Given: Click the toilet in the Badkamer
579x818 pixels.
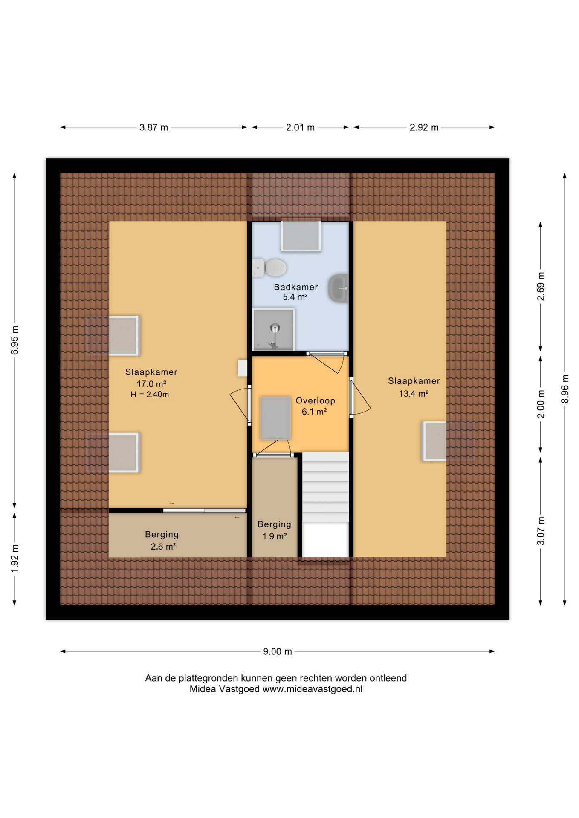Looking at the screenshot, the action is tap(269, 268).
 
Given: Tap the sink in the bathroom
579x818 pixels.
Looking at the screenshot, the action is tap(339, 288).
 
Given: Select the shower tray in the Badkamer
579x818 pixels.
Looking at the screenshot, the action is tap(273, 329).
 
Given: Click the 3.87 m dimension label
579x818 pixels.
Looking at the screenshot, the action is tap(153, 127).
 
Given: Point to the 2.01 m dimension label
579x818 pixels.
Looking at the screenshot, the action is tap(300, 127).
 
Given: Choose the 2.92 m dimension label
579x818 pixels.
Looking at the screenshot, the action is tap(424, 127).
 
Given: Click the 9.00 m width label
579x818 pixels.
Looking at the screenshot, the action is tap(278, 651).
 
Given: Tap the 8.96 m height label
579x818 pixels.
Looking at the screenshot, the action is tap(565, 389).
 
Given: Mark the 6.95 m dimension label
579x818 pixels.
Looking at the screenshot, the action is tap(15, 340).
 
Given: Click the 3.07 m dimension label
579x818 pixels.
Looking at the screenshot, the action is tap(541, 531).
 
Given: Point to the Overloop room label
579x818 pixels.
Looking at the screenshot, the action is tap(315, 400).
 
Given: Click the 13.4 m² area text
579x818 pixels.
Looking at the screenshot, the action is tap(414, 394).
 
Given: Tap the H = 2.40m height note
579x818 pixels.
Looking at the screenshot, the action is tap(150, 395).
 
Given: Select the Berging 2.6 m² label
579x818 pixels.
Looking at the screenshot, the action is tap(162, 540).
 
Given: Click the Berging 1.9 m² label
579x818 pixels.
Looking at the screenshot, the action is tap(274, 530).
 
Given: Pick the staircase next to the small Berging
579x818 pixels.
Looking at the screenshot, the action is tap(326, 504).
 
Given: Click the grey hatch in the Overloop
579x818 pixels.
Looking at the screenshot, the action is tap(275, 418).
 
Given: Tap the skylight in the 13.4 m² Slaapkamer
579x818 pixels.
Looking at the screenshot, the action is tap(435, 441).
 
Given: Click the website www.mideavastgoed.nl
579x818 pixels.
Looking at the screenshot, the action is tap(313, 689).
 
